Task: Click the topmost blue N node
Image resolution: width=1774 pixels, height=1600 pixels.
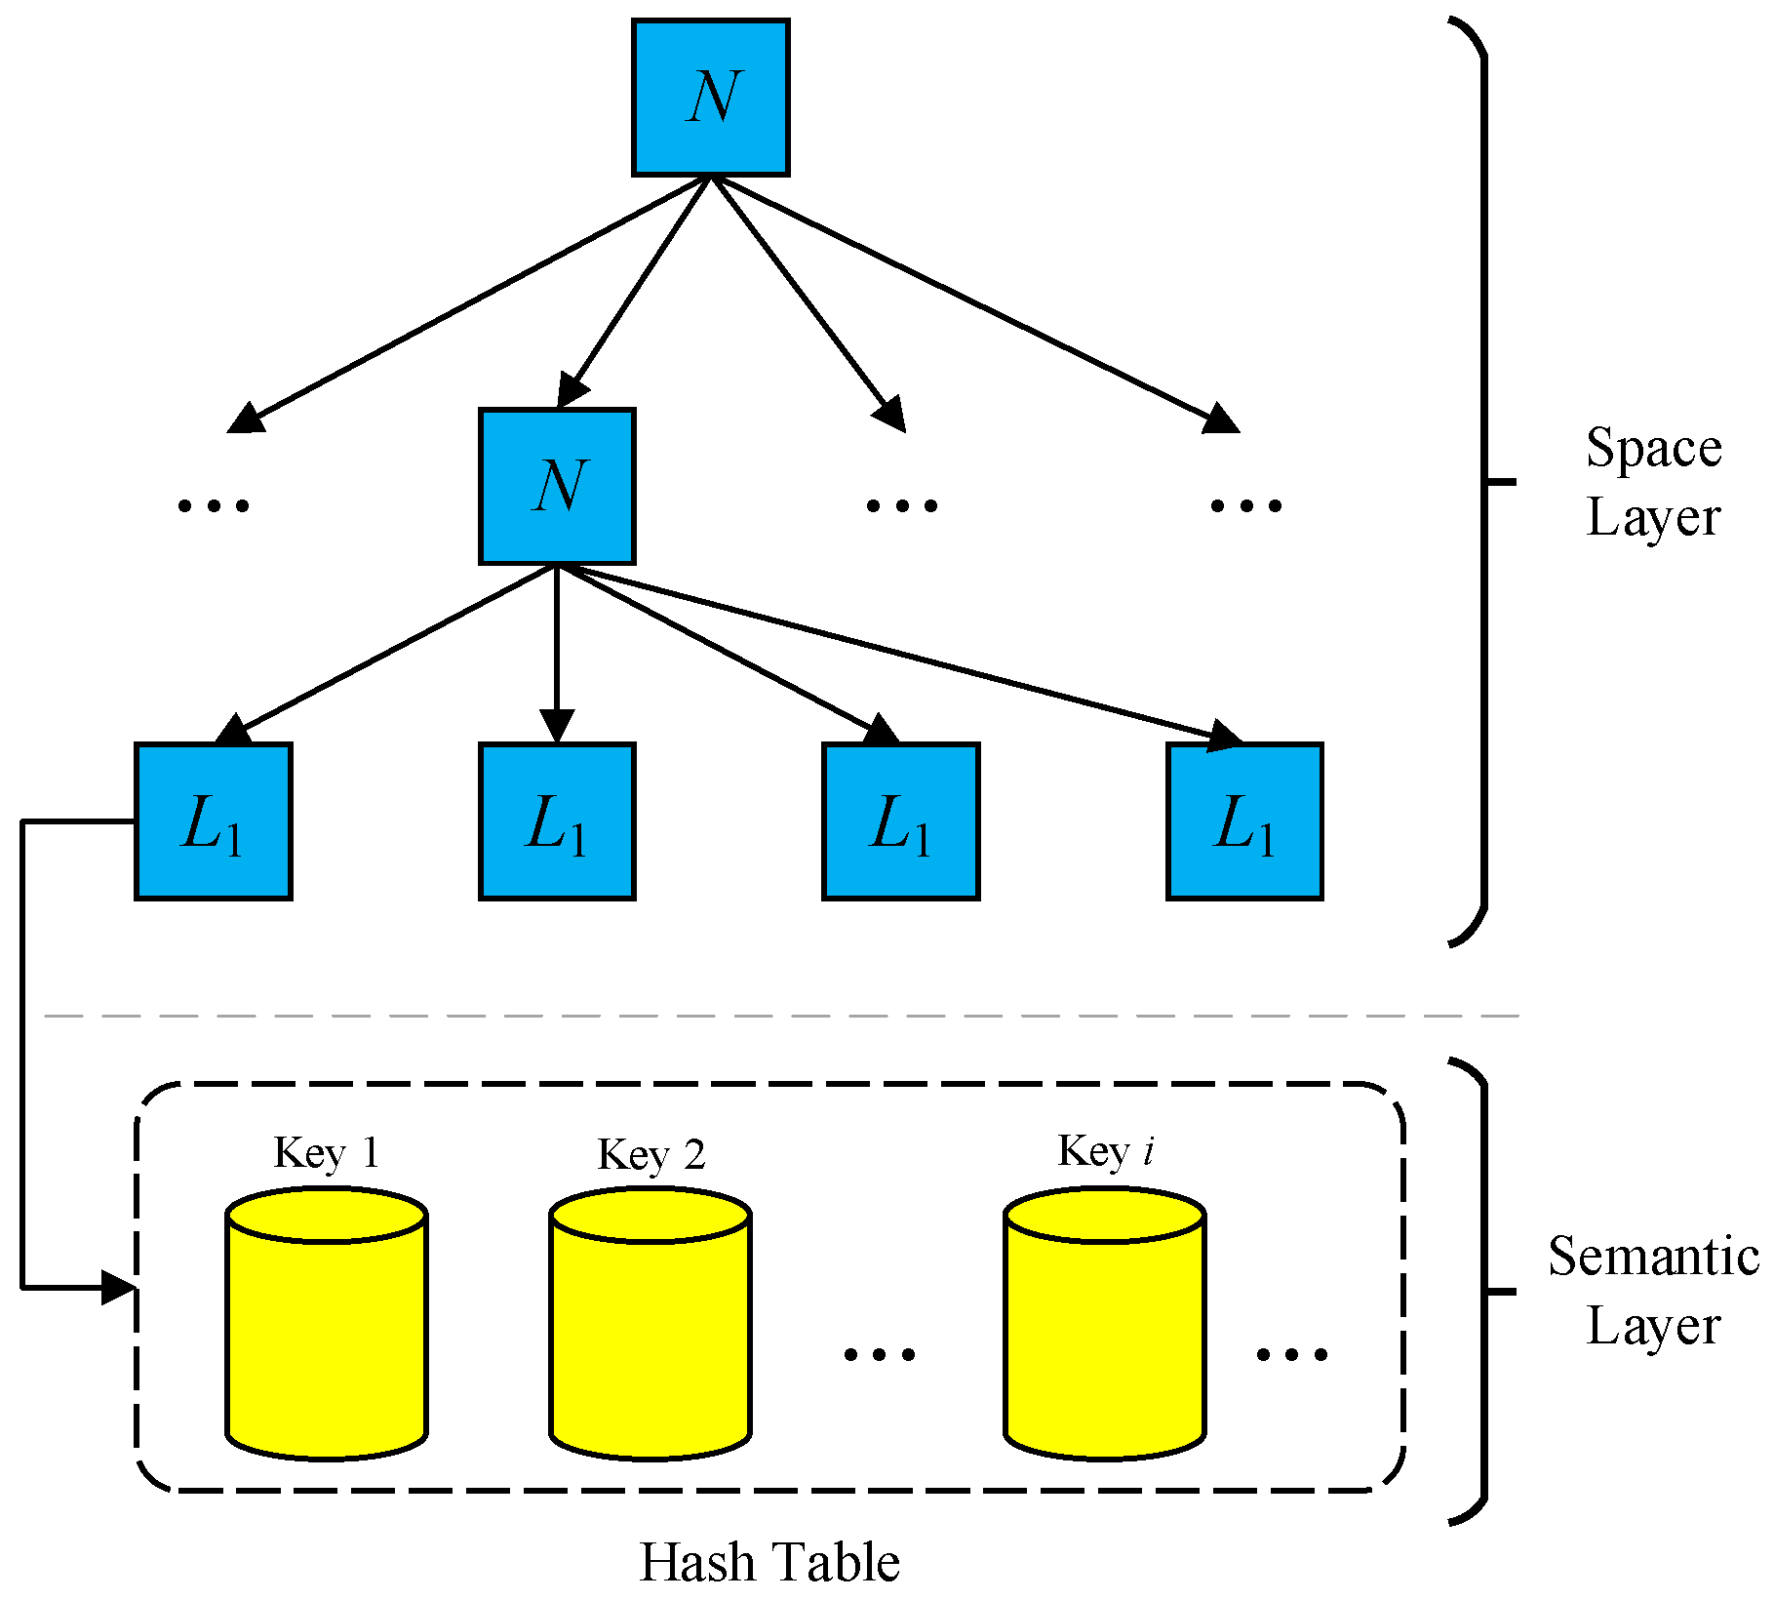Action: pyautogui.click(x=710, y=98)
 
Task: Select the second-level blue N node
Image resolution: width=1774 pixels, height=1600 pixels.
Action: pyautogui.click(x=557, y=486)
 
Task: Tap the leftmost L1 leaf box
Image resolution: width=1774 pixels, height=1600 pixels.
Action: pyautogui.click(x=213, y=820)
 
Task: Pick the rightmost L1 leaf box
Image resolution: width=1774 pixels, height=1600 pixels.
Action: pyautogui.click(x=1244, y=820)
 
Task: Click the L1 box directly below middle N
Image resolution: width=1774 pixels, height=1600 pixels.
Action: pyautogui.click(x=557, y=820)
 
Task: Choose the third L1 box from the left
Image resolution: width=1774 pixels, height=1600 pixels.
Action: pyautogui.click(x=900, y=820)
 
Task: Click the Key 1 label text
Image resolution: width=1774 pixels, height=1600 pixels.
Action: pyautogui.click(x=326, y=1152)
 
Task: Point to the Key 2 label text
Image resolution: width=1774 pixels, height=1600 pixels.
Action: pyautogui.click(x=650, y=1154)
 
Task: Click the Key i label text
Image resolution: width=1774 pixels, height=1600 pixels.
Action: pyautogui.click(x=1105, y=1150)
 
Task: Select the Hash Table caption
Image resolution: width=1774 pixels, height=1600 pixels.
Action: pyautogui.click(x=769, y=1562)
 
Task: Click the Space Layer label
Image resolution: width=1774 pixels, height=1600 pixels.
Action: pyautogui.click(x=1653, y=482)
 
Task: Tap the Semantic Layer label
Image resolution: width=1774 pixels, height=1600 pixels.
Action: pyautogui.click(x=1653, y=1290)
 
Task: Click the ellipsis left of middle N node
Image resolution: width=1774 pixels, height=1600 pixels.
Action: pyautogui.click(x=214, y=505)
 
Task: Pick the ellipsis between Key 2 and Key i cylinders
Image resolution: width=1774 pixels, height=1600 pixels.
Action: pyautogui.click(x=879, y=1354)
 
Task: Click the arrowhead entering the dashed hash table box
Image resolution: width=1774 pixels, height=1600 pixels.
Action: pyautogui.click(x=119, y=1287)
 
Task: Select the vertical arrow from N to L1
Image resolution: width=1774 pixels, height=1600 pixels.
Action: pyautogui.click(x=557, y=654)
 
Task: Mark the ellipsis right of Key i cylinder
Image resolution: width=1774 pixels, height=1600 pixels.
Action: pyautogui.click(x=1291, y=1354)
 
